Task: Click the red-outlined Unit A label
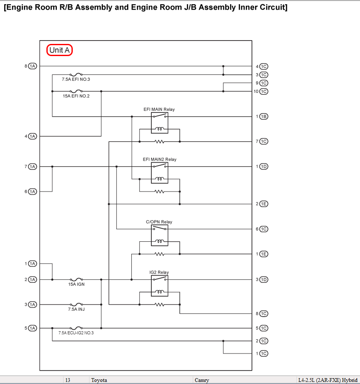[x=59, y=50]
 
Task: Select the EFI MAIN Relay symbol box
[x=160, y=123]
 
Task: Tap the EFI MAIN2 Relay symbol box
[x=160, y=173]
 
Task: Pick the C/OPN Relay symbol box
[x=160, y=236]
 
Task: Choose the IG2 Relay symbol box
[x=160, y=286]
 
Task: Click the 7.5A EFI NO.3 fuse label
[x=76, y=79]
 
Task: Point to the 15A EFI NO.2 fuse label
[x=76, y=96]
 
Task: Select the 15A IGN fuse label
[x=77, y=284]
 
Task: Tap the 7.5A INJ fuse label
[x=77, y=309]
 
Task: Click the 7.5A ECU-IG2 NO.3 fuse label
[x=76, y=333]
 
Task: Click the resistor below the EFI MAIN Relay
[x=160, y=141]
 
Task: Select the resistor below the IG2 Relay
[x=160, y=305]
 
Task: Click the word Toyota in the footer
[x=99, y=380]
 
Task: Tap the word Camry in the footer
[x=202, y=380]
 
